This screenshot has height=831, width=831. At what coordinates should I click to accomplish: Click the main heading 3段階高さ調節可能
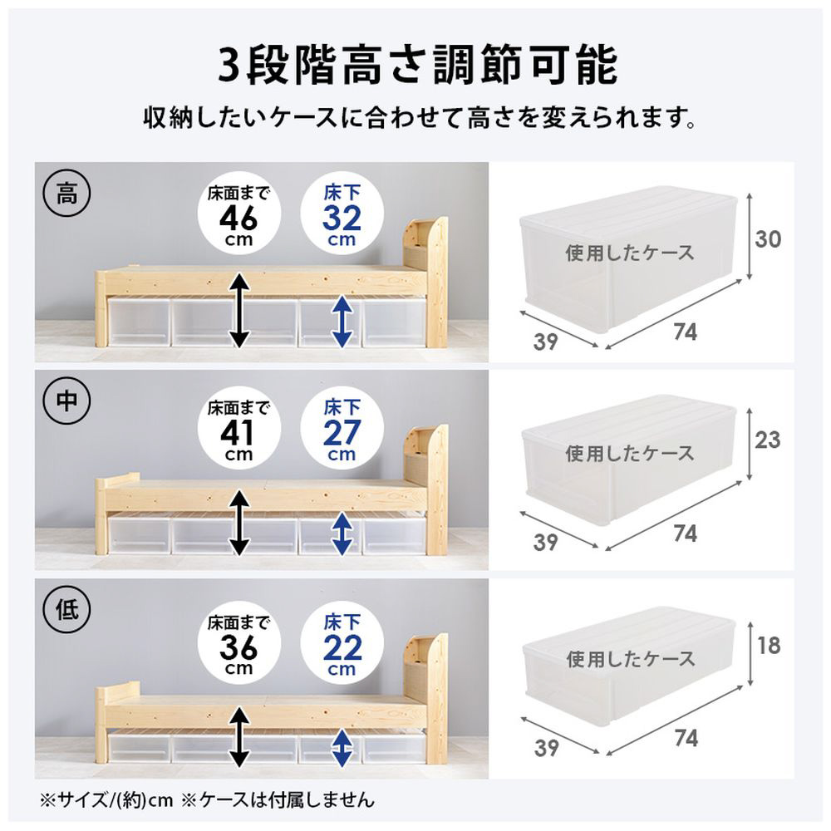(418, 65)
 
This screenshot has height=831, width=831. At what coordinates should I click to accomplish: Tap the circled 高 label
(66, 194)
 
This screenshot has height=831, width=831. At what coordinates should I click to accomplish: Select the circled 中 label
(66, 401)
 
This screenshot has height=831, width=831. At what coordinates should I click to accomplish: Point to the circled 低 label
(66, 608)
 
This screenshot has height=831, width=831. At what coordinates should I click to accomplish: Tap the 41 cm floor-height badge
(238, 428)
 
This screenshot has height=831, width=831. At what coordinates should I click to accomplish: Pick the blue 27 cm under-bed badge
(342, 428)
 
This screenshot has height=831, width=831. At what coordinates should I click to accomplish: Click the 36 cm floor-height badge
(238, 643)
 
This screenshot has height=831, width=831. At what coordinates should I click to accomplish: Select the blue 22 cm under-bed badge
(342, 643)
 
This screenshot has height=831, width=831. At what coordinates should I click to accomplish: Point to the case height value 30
(768, 239)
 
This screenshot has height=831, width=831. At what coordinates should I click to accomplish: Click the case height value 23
(768, 440)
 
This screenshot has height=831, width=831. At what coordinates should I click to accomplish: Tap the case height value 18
(769, 646)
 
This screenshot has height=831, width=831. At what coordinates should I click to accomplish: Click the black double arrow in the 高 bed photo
(239, 310)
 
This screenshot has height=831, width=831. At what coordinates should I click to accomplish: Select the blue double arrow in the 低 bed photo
(342, 749)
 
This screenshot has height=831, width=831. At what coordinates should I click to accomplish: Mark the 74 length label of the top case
(686, 332)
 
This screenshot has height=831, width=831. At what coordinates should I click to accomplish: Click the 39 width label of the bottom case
(546, 748)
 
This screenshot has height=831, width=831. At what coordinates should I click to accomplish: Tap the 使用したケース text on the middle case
(630, 454)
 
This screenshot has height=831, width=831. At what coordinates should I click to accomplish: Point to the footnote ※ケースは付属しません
(278, 799)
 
